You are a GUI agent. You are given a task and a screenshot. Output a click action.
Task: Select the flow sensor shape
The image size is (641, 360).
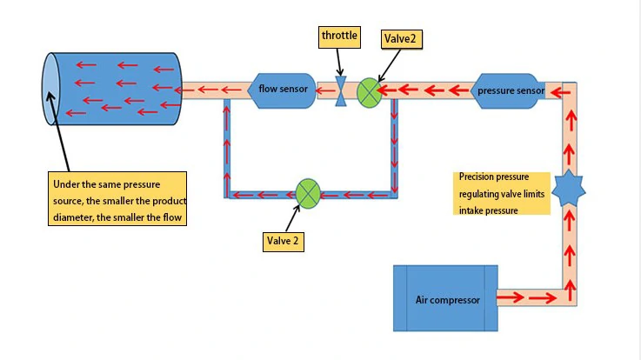pos(284,90)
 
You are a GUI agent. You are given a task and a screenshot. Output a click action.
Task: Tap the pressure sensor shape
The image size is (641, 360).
pos(510,90)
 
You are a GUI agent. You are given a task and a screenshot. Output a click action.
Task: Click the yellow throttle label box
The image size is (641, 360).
pos(338,36)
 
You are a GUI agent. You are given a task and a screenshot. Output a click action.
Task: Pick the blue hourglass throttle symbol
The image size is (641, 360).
pos(341,90)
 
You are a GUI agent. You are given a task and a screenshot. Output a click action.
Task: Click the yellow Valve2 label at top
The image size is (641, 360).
pos(401,39)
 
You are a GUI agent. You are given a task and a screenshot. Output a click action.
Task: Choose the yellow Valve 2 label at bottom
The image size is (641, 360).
pos(284,241)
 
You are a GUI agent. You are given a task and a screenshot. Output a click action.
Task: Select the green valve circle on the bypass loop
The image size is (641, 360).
pos(309,193)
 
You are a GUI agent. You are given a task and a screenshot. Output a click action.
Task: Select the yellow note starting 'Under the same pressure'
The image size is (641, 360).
pos(117,200)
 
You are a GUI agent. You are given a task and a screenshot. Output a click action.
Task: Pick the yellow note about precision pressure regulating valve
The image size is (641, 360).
pos(502,193)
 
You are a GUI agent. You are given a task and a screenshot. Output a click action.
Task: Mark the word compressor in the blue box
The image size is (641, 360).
pos(457,300)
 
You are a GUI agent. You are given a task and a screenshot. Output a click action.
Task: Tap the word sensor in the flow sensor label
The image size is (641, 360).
pos(294,89)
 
